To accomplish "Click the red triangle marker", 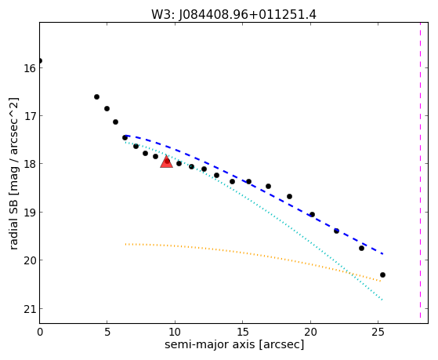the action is pos(166,162).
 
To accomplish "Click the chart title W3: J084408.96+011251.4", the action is pos(233,15).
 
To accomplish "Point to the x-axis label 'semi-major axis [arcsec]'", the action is pos(234,344).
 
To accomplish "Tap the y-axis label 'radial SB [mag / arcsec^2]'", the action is pos(13,173).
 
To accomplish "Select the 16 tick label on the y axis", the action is pos(29,68).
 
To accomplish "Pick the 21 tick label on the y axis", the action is pos(29,309).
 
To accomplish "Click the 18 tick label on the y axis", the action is pos(29,164).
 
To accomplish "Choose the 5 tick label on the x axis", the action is pos(107,332).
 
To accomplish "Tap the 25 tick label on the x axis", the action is pos(378,332).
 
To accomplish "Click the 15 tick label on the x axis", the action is pos(242,332).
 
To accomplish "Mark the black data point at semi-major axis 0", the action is pos(40,60).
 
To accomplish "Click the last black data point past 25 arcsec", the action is pos(382,275).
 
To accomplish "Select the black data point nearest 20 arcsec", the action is pos(313,215).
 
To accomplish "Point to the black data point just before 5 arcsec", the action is pos(96,96).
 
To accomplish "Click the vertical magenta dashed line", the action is pos(420,170).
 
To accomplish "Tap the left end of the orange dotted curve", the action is pos(125,244).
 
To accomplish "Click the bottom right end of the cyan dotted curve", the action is pos(382,300).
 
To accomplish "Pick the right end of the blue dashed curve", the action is pos(382,253).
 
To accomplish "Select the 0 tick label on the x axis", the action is pos(40,332).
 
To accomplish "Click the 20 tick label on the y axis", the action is pos(29,260).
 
